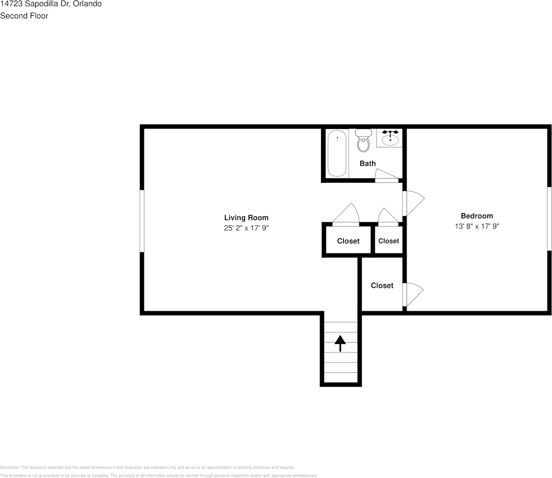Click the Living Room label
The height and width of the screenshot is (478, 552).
(x=246, y=218)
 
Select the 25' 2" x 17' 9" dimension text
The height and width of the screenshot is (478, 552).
(x=246, y=228)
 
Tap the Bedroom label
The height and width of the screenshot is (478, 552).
(x=477, y=216)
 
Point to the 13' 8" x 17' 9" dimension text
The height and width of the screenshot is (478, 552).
(x=477, y=227)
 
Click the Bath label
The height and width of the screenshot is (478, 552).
(x=367, y=163)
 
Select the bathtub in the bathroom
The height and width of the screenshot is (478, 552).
(x=337, y=153)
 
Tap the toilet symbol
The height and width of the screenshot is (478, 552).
(x=363, y=142)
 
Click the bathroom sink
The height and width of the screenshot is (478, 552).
(x=390, y=138)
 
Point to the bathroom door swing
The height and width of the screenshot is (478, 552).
(x=386, y=175)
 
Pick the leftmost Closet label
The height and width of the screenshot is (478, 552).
(x=348, y=241)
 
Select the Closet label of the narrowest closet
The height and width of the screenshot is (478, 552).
(x=388, y=241)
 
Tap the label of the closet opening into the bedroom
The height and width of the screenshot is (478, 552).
(x=382, y=286)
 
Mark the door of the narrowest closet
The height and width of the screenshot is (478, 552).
(x=388, y=216)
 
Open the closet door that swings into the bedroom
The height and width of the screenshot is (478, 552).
(x=413, y=295)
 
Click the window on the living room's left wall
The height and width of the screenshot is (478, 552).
(x=142, y=221)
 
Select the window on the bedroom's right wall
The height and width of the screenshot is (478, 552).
(x=549, y=218)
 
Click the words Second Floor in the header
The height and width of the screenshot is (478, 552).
(x=24, y=16)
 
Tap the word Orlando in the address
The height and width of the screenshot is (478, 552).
(x=88, y=4)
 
